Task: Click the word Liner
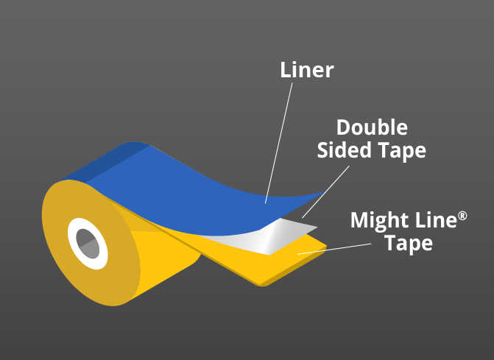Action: (307, 70)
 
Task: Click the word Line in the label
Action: (431, 220)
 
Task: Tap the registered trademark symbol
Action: (462, 214)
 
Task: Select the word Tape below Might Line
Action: (409, 243)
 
